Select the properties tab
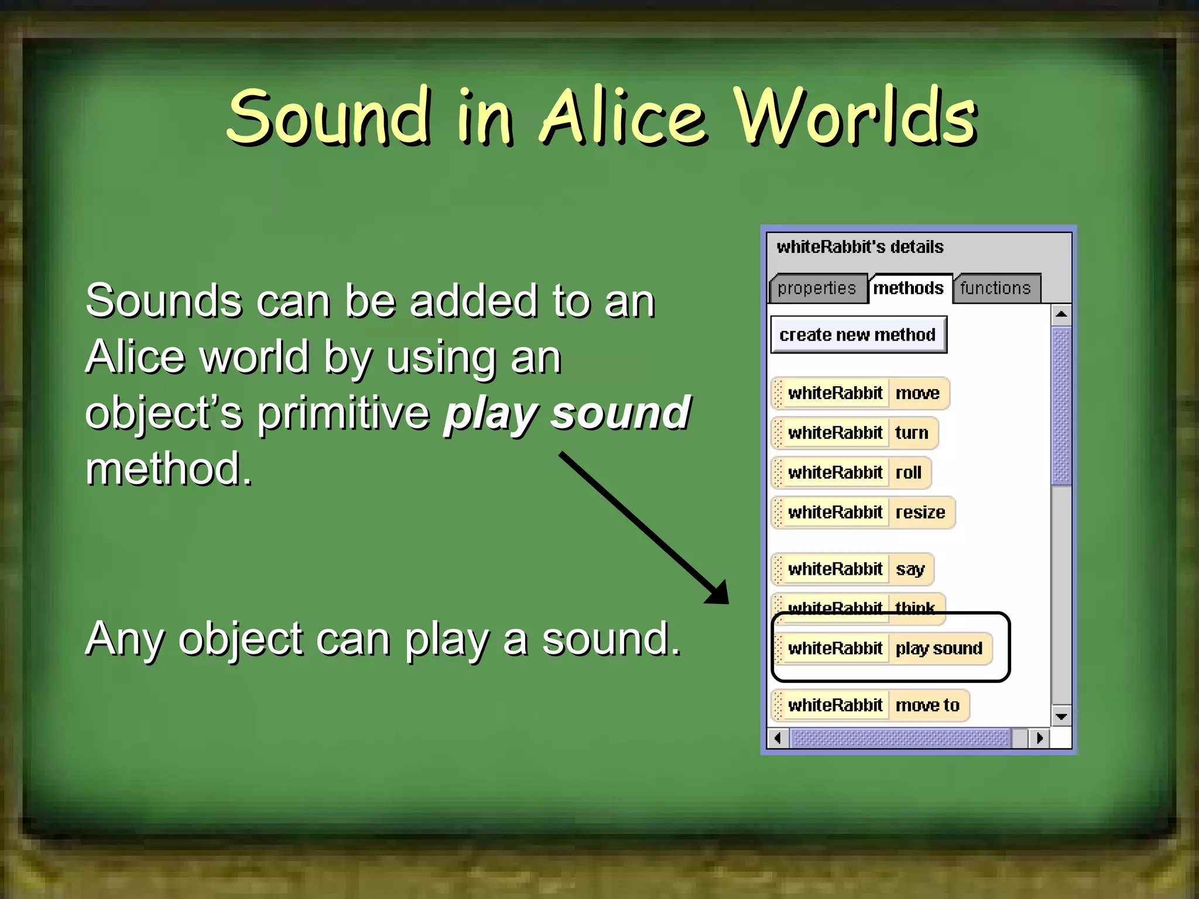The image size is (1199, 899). click(x=817, y=288)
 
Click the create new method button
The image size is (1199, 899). click(x=858, y=335)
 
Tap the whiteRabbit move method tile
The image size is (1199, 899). click(x=861, y=393)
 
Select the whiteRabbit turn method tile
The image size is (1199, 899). click(x=855, y=433)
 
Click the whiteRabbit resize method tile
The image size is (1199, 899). click(x=864, y=512)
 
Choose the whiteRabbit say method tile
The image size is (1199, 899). click(x=853, y=569)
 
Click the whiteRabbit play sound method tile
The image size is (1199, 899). click(x=883, y=648)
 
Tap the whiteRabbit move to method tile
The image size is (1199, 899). click(x=871, y=705)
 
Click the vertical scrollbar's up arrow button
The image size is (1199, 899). click(x=1061, y=315)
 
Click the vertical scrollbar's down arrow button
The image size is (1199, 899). click(x=1061, y=716)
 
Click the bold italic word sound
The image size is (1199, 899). click(x=621, y=413)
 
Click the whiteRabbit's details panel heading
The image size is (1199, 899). click(x=860, y=247)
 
